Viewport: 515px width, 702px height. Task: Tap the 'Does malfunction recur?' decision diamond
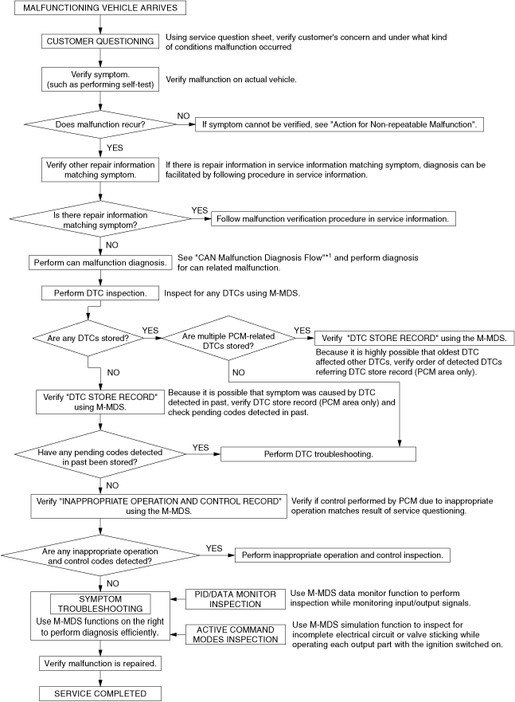(x=99, y=124)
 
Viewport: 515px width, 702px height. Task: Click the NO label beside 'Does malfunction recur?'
(x=183, y=116)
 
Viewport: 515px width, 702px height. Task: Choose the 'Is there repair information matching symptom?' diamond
(x=99, y=220)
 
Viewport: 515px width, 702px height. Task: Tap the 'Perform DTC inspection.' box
(x=99, y=293)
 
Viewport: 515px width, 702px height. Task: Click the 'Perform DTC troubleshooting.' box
(x=318, y=453)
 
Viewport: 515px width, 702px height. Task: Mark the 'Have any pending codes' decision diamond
(x=99, y=453)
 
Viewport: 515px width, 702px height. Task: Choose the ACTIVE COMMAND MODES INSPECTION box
(x=236, y=635)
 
